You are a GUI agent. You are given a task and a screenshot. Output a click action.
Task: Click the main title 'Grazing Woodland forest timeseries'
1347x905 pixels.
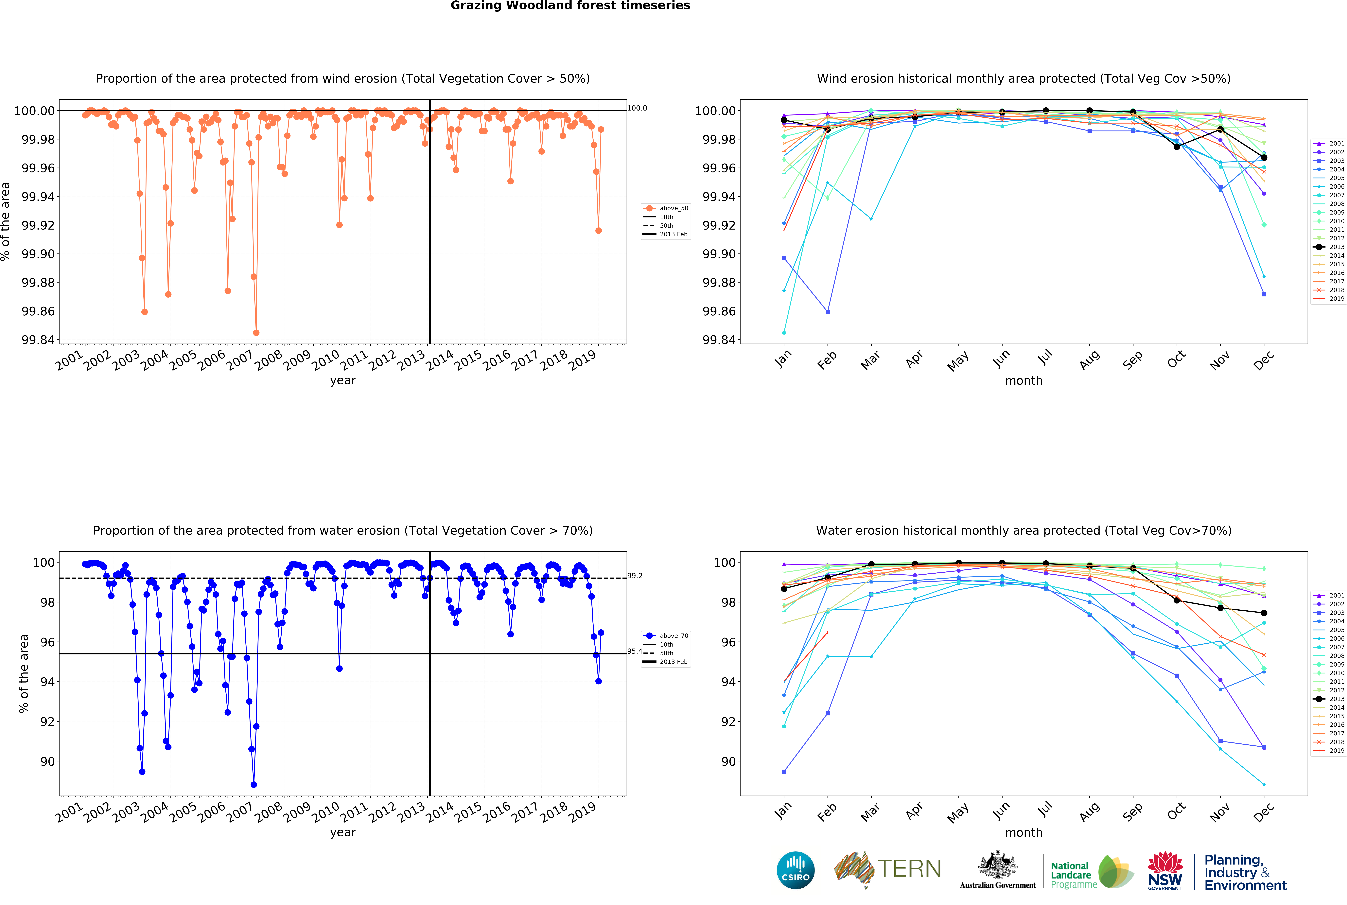[570, 6]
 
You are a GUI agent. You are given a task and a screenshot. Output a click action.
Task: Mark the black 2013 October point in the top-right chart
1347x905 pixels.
[1176, 147]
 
